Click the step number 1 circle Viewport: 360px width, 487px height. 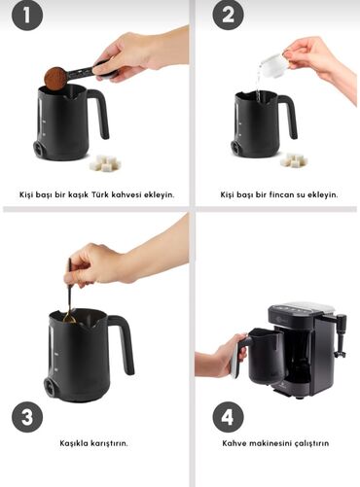tap(27, 16)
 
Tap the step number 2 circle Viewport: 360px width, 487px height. tap(228, 15)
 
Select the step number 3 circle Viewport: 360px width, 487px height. tap(27, 417)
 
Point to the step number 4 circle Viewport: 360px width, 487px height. tap(228, 417)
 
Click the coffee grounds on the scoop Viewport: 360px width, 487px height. tap(55, 78)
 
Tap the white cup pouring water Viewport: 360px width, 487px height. tap(274, 66)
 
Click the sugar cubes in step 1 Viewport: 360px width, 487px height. tap(105, 162)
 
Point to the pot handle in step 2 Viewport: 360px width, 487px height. tap(287, 114)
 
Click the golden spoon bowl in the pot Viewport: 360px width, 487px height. tap(69, 319)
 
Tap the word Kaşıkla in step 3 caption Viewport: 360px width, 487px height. tap(74, 443)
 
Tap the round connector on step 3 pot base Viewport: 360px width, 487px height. tap(52, 387)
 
